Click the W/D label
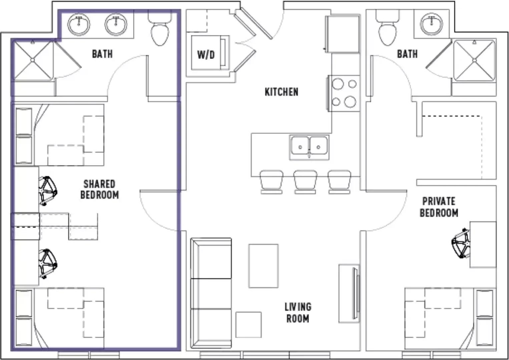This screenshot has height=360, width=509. coord(206,55)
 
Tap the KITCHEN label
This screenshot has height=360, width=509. coord(282,92)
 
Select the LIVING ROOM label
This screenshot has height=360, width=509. coord(298,313)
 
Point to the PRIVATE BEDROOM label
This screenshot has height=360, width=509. coord(439,207)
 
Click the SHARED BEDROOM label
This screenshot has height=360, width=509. coord(99,189)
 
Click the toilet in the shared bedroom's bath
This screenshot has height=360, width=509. coord(160,28)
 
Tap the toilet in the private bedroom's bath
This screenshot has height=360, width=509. coord(388,28)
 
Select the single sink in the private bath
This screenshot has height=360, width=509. coord(432,24)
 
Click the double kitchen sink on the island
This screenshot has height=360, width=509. coord(309,147)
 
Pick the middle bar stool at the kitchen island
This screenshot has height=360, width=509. coord(305,182)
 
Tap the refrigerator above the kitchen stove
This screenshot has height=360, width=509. coord(343,34)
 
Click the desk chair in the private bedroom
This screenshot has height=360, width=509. coord(461,243)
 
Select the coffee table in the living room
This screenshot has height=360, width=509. coord(264,266)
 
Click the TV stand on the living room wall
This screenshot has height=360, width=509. coord(349,293)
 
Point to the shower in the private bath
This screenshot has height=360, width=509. coord(474,60)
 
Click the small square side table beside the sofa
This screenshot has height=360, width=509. coord(248,325)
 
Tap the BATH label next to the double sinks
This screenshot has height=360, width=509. coord(102,54)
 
